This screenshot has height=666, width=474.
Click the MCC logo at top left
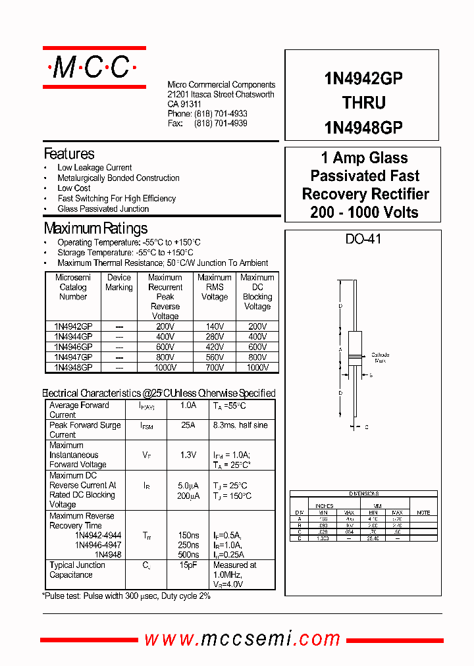pyautogui.click(x=94, y=67)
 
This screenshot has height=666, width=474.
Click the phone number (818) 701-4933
pyautogui.click(x=221, y=114)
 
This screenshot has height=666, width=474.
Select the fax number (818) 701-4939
pyautogui.click(x=221, y=124)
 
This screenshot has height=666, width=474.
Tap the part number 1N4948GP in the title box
pyautogui.click(x=363, y=127)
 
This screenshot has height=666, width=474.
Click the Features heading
pyautogui.click(x=69, y=154)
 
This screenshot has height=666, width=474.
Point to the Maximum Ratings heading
pyautogui.click(x=95, y=229)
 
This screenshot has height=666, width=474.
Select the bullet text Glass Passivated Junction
pyautogui.click(x=103, y=209)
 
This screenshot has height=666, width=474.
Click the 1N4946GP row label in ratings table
pyautogui.click(x=73, y=347)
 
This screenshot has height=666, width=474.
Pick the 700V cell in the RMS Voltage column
pyautogui.click(x=214, y=367)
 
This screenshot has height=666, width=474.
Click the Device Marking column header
pyautogui.click(x=119, y=282)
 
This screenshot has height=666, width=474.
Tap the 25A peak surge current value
pyautogui.click(x=188, y=426)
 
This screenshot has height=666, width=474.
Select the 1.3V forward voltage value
pyautogui.click(x=188, y=455)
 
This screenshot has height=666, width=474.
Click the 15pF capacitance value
pyautogui.click(x=188, y=565)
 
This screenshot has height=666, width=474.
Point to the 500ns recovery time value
pyautogui.click(x=188, y=555)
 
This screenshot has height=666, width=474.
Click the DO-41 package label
pyautogui.click(x=363, y=240)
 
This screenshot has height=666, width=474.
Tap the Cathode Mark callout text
pyautogui.click(x=381, y=357)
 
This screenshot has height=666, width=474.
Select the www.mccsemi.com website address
pyautogui.click(x=242, y=638)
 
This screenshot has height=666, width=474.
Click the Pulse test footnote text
pyautogui.click(x=126, y=596)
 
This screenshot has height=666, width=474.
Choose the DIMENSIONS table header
pyautogui.click(x=363, y=494)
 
